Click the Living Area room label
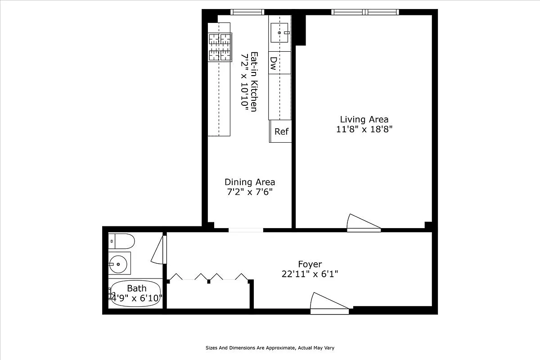364,119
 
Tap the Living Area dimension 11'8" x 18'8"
364,129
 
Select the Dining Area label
250,182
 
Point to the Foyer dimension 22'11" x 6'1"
310,274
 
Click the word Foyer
310,264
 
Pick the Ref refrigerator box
281,131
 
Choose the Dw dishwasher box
273,63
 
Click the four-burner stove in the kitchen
220,47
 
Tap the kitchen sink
279,33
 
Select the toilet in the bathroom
121,241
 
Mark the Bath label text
136,288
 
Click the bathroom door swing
159,250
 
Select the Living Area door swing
363,222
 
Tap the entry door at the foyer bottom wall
328,303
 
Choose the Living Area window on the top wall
365,12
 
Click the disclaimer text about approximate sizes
270,348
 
